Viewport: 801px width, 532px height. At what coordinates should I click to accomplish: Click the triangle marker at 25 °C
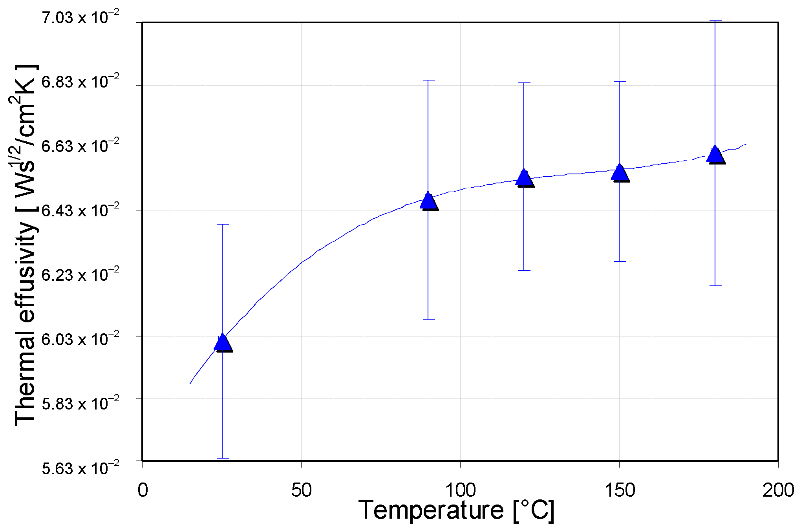(x=223, y=342)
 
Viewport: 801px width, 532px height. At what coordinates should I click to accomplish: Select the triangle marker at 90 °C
(x=428, y=201)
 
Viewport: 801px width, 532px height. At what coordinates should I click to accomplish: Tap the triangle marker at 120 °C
(x=524, y=178)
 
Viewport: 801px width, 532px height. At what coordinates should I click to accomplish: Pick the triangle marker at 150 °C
(x=620, y=173)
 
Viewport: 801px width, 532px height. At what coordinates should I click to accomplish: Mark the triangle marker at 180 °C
(x=715, y=154)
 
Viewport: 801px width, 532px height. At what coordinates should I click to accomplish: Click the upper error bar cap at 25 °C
(x=223, y=224)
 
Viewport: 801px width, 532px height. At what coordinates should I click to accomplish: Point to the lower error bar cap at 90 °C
(x=428, y=319)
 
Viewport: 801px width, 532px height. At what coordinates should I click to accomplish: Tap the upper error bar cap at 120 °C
(x=524, y=83)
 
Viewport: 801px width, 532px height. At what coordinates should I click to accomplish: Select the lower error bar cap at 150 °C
(x=620, y=261)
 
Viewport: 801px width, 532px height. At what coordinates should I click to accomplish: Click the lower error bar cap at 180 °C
(x=715, y=286)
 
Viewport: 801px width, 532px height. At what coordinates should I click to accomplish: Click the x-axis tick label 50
(x=301, y=490)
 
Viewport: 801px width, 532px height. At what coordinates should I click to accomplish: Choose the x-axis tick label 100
(x=460, y=490)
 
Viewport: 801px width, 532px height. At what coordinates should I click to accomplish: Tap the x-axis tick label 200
(x=778, y=490)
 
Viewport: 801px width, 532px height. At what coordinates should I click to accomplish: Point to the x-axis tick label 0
(x=143, y=490)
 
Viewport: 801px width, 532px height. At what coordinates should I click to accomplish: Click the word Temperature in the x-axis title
(x=431, y=510)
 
